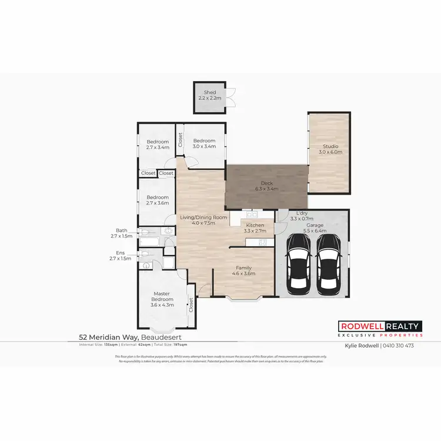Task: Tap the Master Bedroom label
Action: pyautogui.click(x=162, y=296)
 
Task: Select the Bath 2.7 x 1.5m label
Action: pyautogui.click(x=122, y=233)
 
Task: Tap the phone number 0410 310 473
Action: pyautogui.click(x=400, y=346)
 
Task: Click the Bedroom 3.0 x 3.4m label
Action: pyautogui.click(x=204, y=143)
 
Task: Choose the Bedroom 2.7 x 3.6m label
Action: pyautogui.click(x=158, y=200)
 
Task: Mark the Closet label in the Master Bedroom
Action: pyautogui.click(x=191, y=304)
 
